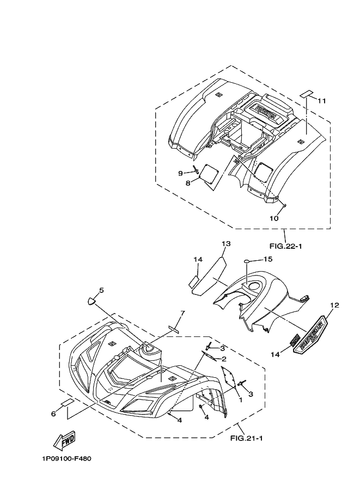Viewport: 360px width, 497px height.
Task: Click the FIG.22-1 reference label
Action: pos(286,246)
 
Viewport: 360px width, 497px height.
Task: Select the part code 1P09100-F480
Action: pos(66,458)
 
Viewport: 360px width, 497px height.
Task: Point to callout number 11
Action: pos(321,101)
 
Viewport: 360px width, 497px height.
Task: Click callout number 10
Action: pos(274,218)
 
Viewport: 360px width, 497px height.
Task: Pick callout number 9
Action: pos(180,173)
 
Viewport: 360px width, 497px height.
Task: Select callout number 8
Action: pos(188,183)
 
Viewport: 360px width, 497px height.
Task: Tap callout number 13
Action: pos(226,243)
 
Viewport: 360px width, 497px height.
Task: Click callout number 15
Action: pos(268,259)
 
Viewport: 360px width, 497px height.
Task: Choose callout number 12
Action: pos(334,305)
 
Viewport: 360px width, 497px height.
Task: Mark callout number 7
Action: pos(182,313)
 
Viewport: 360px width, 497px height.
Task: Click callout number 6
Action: pos(53,414)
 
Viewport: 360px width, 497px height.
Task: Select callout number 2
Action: pos(223,359)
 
